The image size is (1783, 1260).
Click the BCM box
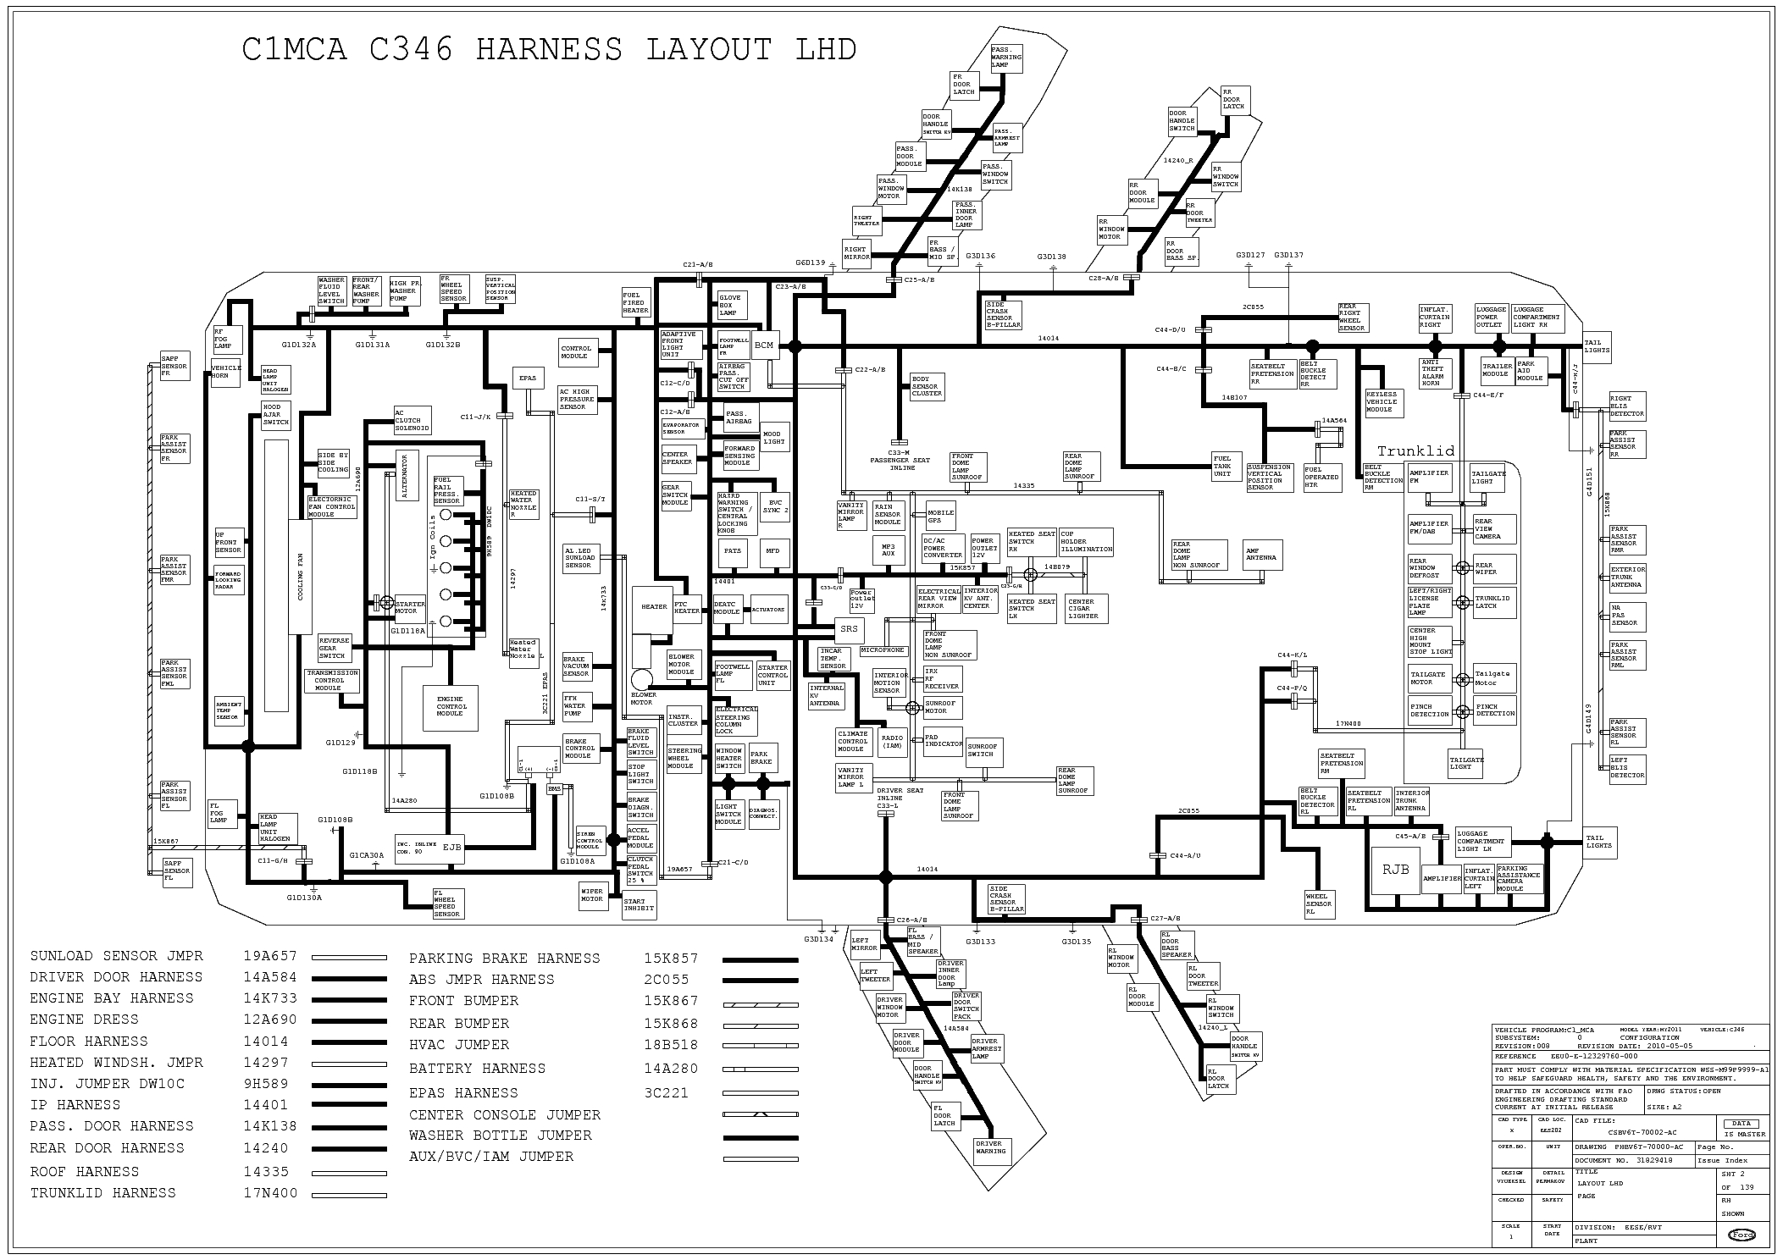(764, 345)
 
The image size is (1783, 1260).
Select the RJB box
(1395, 870)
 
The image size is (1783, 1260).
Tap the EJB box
(451, 847)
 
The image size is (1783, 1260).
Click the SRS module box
(849, 629)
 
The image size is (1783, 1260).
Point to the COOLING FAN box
(300, 577)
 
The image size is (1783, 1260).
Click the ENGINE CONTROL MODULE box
(451, 706)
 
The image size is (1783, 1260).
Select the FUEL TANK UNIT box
(1222, 467)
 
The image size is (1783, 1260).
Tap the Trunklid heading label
(1415, 450)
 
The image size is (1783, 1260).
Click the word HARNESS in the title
(549, 50)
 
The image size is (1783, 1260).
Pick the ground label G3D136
(980, 256)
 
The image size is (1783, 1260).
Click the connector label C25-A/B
(920, 279)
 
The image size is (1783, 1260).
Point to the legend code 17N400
(270, 1193)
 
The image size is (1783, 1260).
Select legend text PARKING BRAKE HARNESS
(504, 959)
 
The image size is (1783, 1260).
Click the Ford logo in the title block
(1741, 1235)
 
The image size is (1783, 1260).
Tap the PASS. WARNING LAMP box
(1006, 58)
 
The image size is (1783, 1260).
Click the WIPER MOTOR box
(592, 895)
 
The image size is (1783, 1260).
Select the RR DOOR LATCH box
(1232, 99)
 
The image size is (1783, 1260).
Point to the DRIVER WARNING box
(990, 1147)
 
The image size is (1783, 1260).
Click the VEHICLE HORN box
(226, 372)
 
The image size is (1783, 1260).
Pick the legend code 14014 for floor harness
(265, 1042)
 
